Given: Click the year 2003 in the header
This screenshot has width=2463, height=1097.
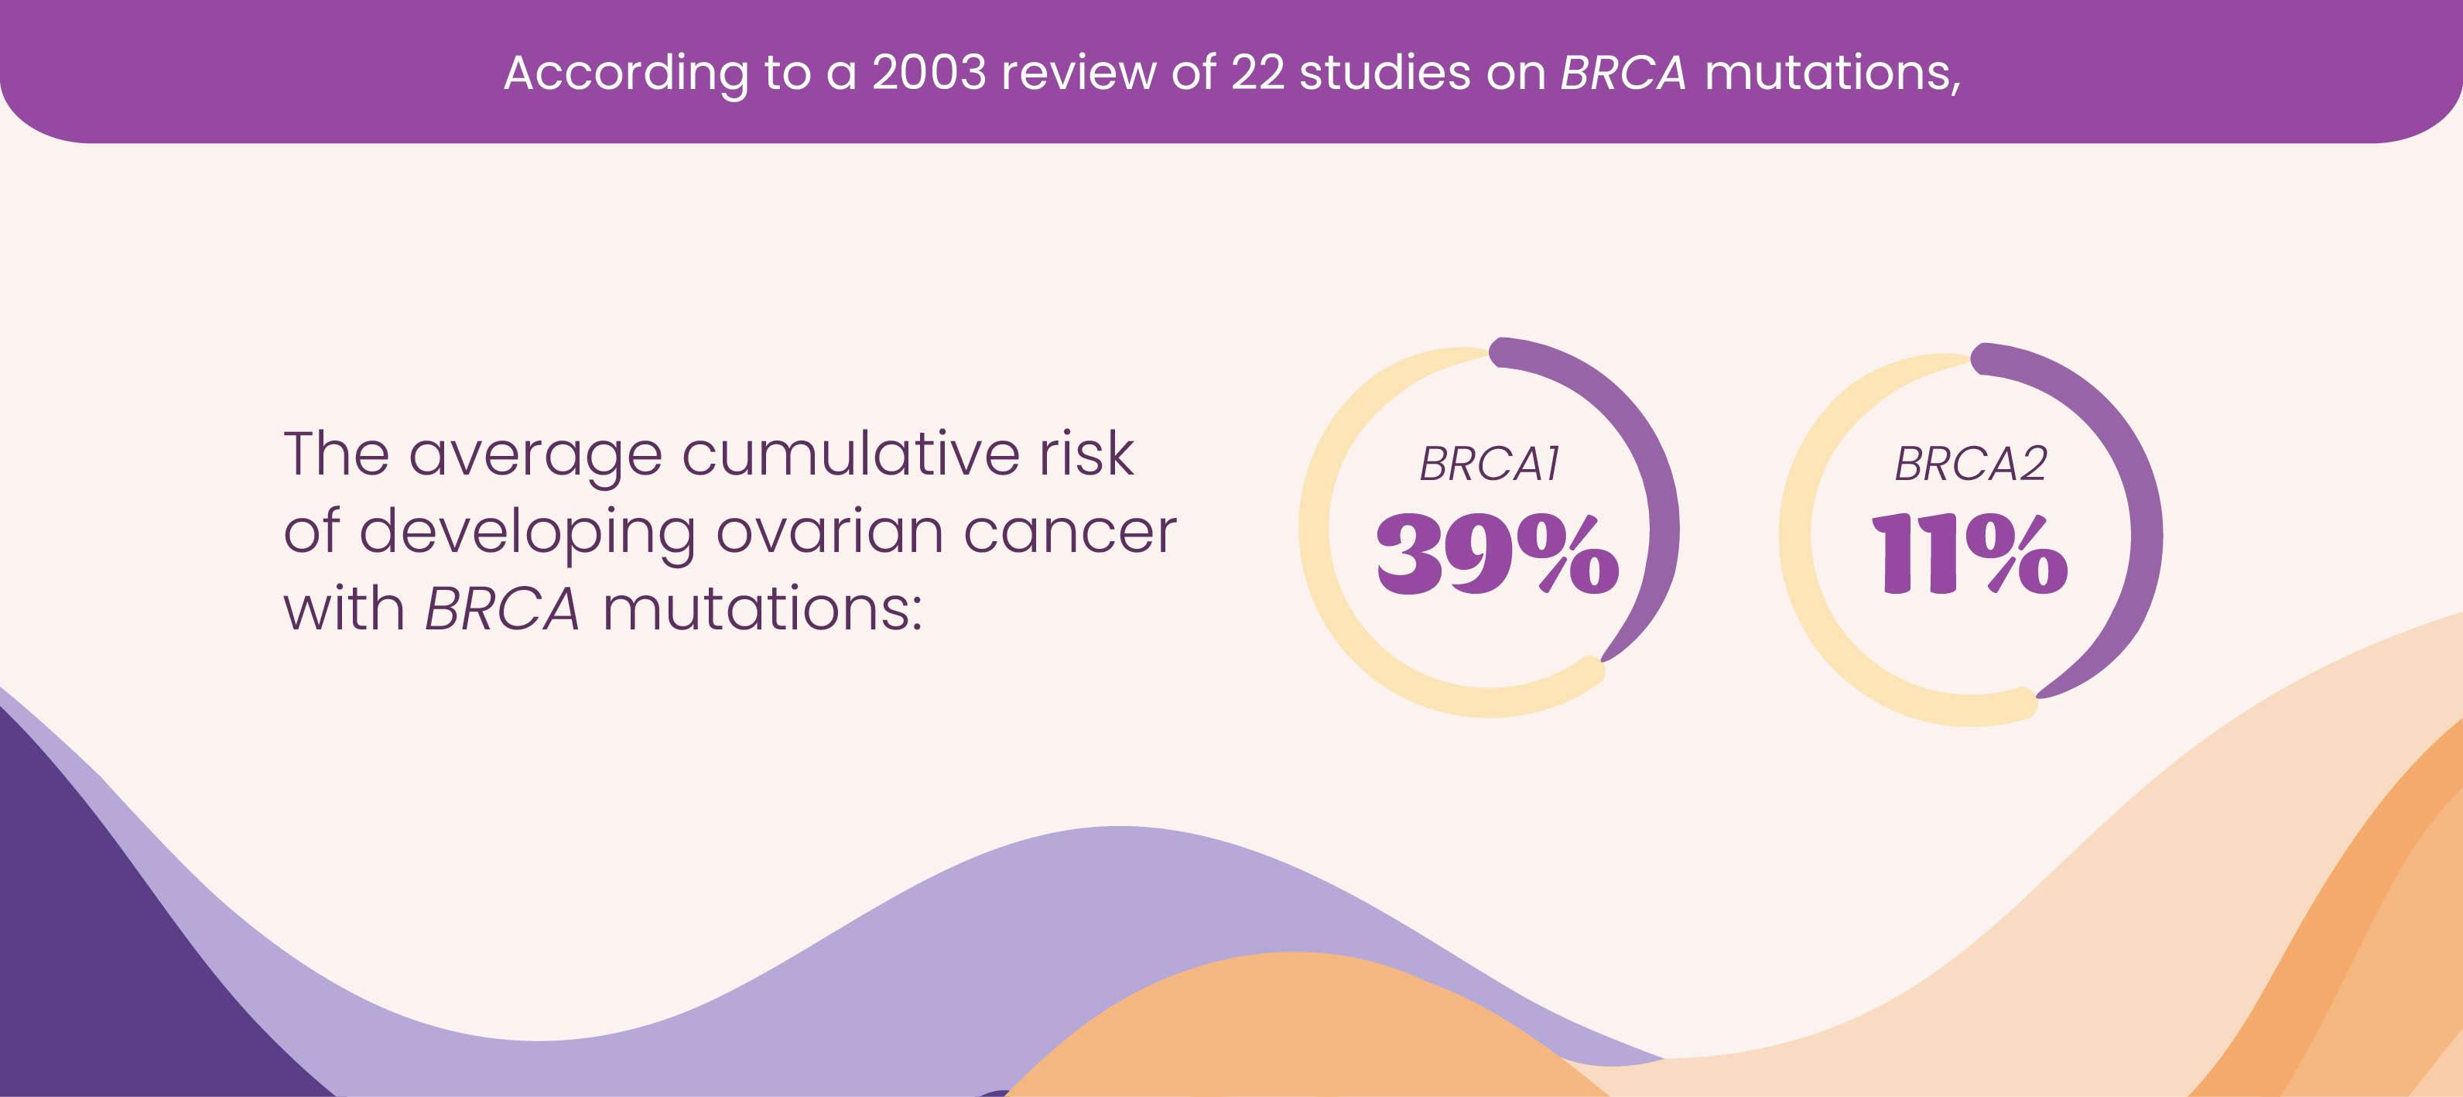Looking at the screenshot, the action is pyautogui.click(x=929, y=73).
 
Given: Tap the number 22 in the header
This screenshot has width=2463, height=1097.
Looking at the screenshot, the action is pyautogui.click(x=1257, y=73).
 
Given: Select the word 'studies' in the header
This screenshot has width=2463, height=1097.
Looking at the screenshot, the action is pyautogui.click(x=1384, y=73).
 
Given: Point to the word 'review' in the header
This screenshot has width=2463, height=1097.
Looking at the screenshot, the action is pyautogui.click(x=1079, y=73).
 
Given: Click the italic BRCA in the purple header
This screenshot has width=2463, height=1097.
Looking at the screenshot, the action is pyautogui.click(x=1623, y=73).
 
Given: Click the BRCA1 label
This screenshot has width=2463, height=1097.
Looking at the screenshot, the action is pyautogui.click(x=1489, y=464).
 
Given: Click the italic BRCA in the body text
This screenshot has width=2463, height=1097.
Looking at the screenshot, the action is pyautogui.click(x=502, y=609).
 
